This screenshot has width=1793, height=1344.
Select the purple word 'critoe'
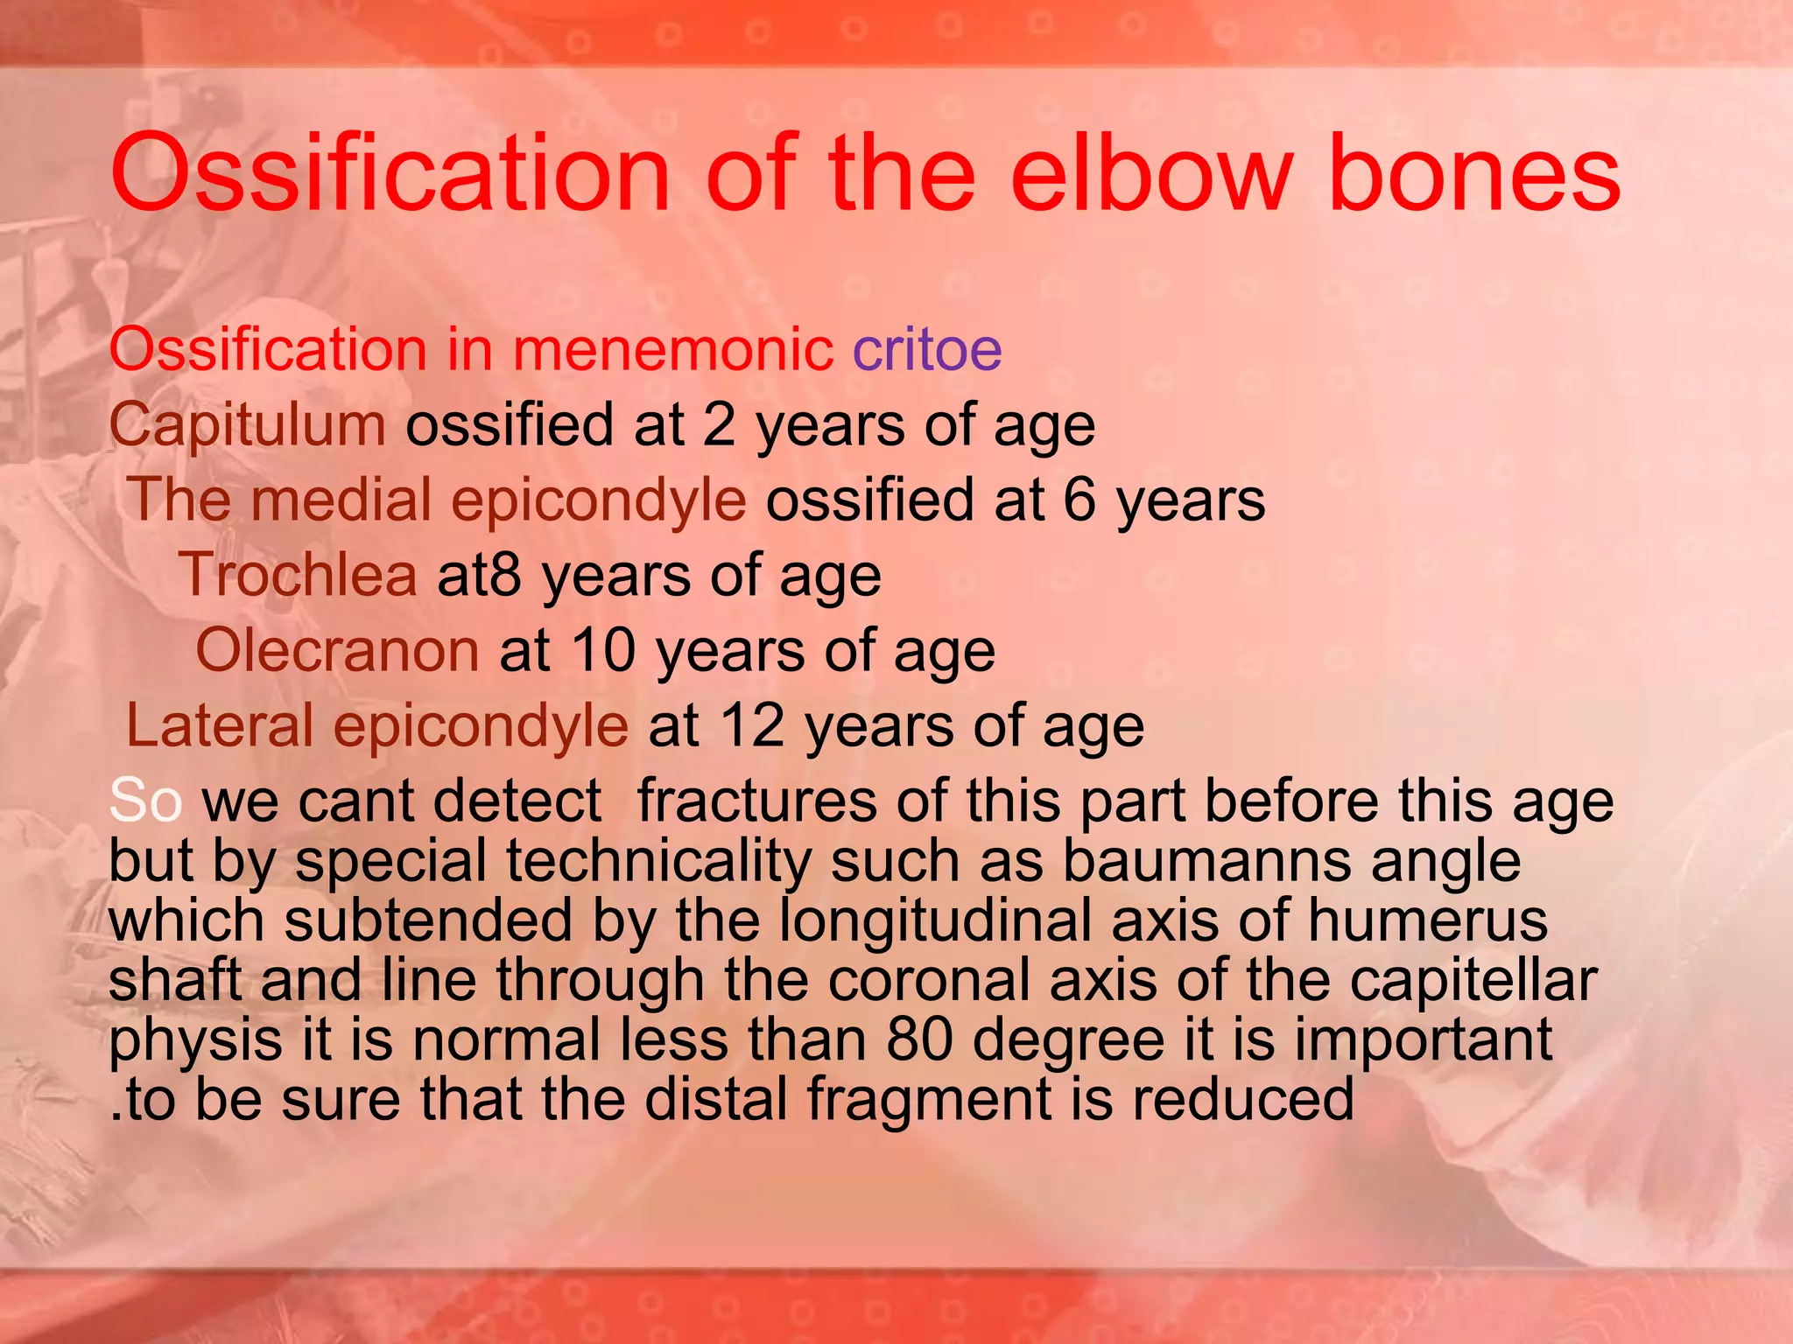pos(927,350)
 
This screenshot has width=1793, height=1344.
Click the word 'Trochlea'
pos(299,576)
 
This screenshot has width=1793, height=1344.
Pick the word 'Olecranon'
pos(337,651)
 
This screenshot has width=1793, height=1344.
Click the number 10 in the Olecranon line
pos(603,651)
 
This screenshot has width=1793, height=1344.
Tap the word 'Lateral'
pos(220,726)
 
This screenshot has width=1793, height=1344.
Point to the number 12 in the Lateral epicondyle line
pos(752,726)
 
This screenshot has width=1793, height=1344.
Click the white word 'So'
pos(145,801)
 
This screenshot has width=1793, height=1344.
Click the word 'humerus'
pos(1427,920)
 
